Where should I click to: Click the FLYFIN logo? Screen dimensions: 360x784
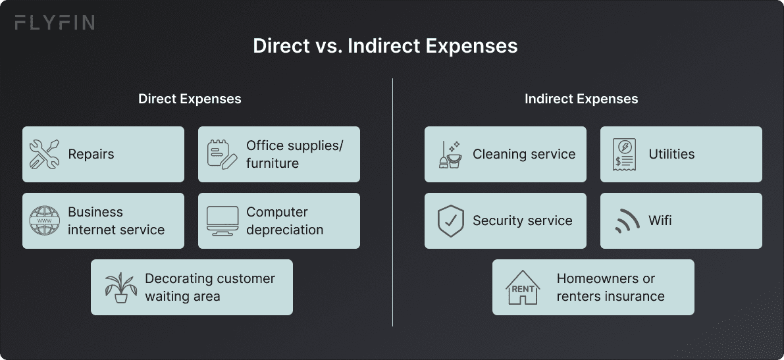click(x=55, y=23)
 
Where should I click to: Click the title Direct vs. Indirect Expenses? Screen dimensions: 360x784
click(x=385, y=47)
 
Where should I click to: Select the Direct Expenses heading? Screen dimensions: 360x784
click(x=190, y=99)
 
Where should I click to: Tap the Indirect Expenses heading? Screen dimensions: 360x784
click(x=581, y=99)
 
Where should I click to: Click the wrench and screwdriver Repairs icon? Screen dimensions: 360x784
click(x=45, y=154)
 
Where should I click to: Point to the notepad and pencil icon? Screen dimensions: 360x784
click(x=222, y=154)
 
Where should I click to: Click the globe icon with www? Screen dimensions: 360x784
click(x=45, y=221)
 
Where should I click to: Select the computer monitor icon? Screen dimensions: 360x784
click(x=222, y=221)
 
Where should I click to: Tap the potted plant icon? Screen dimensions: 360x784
click(x=120, y=287)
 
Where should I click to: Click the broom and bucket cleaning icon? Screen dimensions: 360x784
click(x=450, y=154)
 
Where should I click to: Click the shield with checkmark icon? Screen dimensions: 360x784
click(x=450, y=221)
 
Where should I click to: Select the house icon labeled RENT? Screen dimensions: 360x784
click(x=522, y=287)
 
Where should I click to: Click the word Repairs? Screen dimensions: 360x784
click(x=91, y=154)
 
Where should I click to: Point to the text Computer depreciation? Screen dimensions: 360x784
click(x=284, y=221)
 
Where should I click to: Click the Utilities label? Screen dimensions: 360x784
click(x=671, y=154)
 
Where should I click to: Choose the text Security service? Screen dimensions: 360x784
click(x=522, y=221)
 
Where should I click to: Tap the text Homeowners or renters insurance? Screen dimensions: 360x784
click(x=610, y=287)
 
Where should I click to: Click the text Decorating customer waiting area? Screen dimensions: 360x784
click(x=209, y=287)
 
